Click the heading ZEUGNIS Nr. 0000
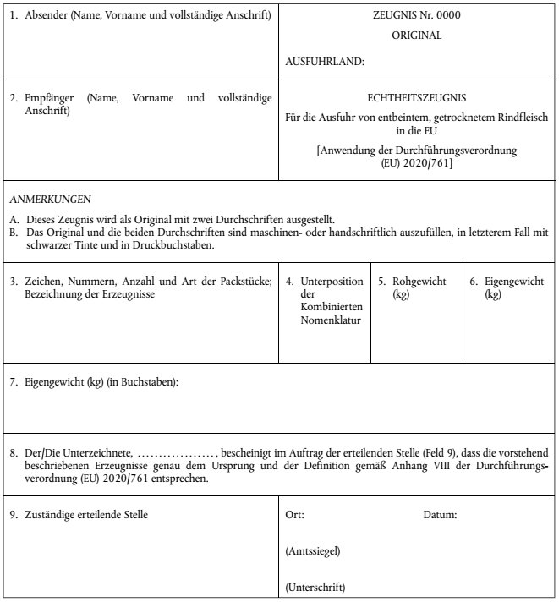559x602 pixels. click(417, 15)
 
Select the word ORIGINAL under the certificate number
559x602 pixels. click(417, 36)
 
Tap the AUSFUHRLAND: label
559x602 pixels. click(326, 61)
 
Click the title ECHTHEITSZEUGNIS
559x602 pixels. click(417, 98)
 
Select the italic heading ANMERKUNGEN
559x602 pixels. click(50, 200)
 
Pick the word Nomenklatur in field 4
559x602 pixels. click(327, 322)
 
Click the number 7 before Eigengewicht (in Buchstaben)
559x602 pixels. click(14, 382)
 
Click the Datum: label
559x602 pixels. click(440, 514)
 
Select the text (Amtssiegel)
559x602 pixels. click(314, 551)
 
